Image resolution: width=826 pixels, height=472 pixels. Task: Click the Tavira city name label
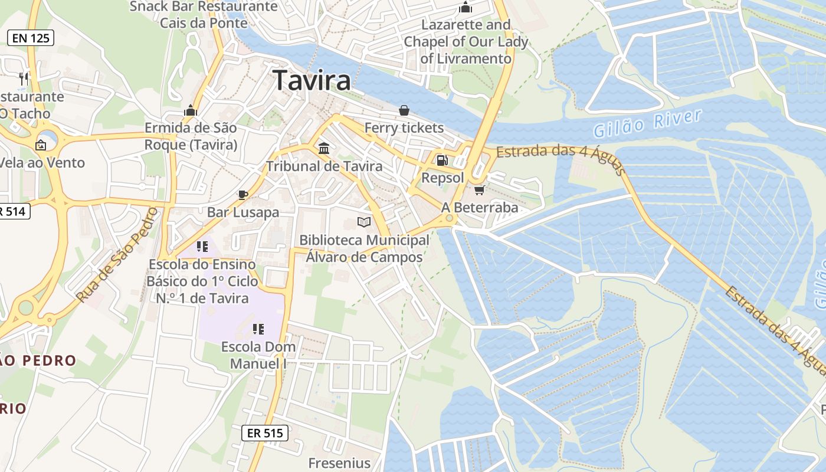click(x=313, y=80)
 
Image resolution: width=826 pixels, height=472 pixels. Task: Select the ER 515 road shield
click(x=265, y=433)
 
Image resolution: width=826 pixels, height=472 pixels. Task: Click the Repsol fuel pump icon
click(x=441, y=160)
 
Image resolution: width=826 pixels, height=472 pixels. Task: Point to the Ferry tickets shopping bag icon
click(x=404, y=110)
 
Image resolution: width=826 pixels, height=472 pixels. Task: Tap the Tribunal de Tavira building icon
click(x=324, y=147)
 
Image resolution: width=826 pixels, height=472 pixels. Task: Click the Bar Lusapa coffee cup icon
click(x=242, y=195)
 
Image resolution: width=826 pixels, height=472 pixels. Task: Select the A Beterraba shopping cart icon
click(x=480, y=190)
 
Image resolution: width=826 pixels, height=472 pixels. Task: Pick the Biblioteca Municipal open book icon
click(x=364, y=222)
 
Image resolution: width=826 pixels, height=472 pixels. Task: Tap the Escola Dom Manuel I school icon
click(x=258, y=329)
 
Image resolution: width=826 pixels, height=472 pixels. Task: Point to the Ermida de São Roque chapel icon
click(x=191, y=110)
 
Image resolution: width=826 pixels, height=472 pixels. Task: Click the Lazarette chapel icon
click(x=466, y=8)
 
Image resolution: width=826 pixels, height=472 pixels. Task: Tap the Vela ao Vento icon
click(x=41, y=145)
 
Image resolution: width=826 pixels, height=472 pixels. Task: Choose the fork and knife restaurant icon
click(x=24, y=78)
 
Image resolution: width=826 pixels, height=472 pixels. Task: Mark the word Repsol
click(x=442, y=178)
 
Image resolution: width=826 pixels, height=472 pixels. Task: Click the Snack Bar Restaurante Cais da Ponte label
click(x=204, y=15)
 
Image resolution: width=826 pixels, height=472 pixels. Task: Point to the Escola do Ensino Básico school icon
click(x=202, y=247)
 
